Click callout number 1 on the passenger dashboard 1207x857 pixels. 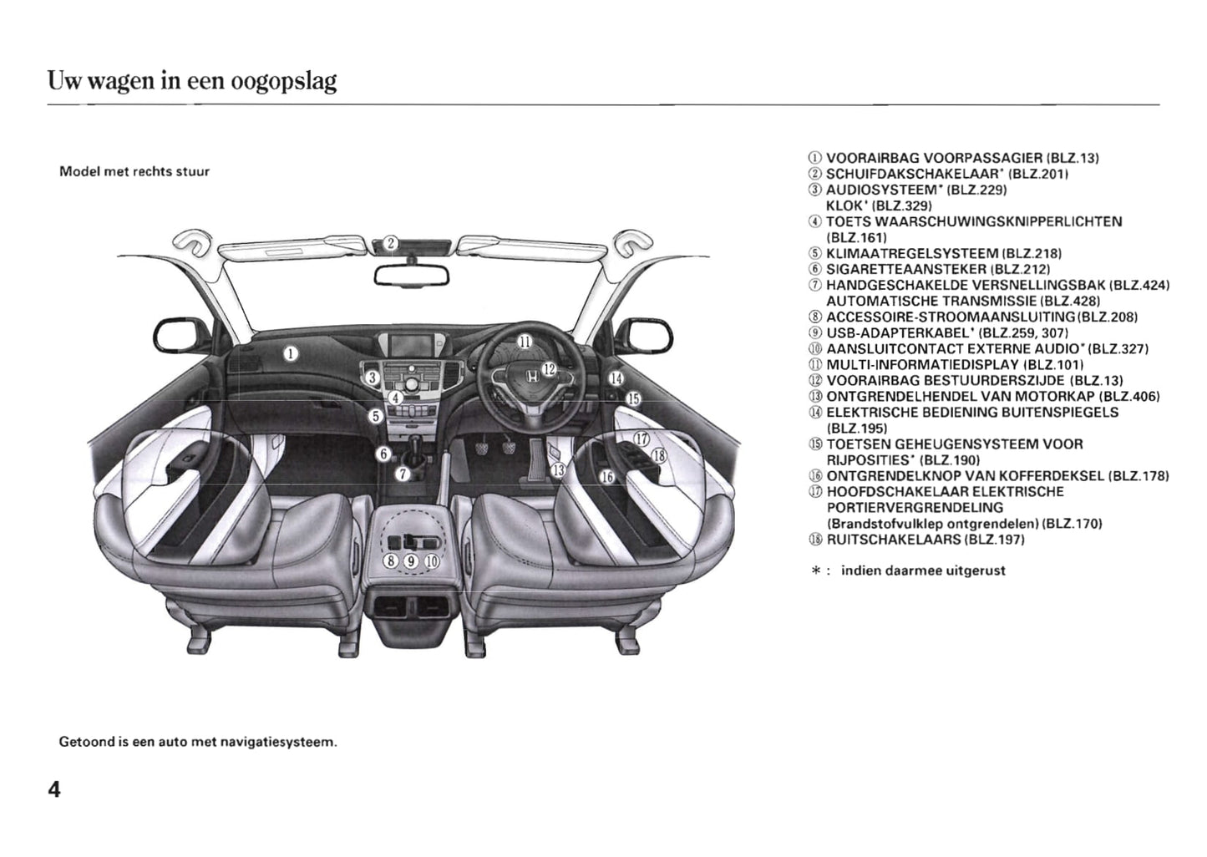pyautogui.click(x=290, y=353)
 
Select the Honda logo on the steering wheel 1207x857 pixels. pyautogui.click(x=532, y=381)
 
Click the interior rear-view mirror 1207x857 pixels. pyautogui.click(x=411, y=274)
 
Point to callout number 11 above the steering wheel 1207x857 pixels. pyautogui.click(x=525, y=341)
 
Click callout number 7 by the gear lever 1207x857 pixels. pyautogui.click(x=403, y=474)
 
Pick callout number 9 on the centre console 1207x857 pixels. pyautogui.click(x=411, y=561)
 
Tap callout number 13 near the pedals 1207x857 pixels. pyautogui.click(x=558, y=470)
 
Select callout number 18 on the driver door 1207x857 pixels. pyautogui.click(x=658, y=455)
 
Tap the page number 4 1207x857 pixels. pyautogui.click(x=54, y=789)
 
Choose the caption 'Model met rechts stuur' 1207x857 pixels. pyautogui.click(x=134, y=171)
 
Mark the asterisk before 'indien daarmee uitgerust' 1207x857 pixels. pyautogui.click(x=814, y=571)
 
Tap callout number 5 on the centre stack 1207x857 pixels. pyautogui.click(x=376, y=415)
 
